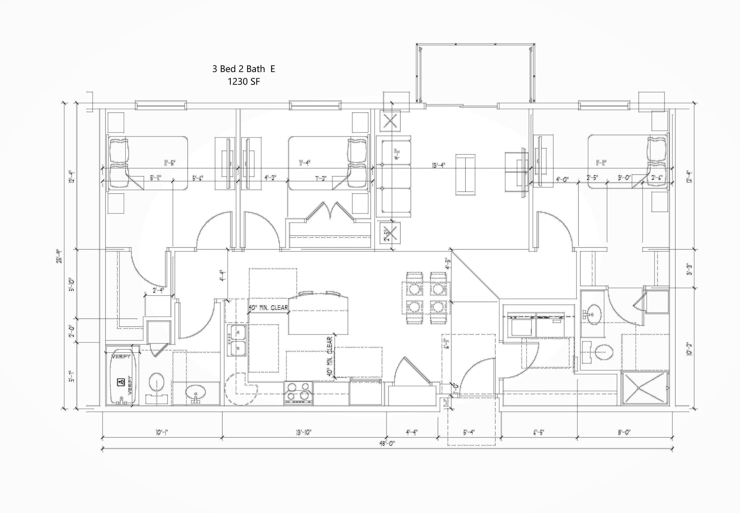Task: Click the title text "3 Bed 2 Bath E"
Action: pyautogui.click(x=244, y=69)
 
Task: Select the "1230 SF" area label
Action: pyautogui.click(x=244, y=82)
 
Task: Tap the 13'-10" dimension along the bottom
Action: pyautogui.click(x=304, y=432)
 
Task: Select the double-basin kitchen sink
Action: pyautogui.click(x=237, y=340)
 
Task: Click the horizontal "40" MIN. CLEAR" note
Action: pyautogui.click(x=268, y=308)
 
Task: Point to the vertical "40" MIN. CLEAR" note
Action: pyautogui.click(x=330, y=357)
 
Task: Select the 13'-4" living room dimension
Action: pyautogui.click(x=438, y=165)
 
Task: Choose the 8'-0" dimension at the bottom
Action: pyautogui.click(x=624, y=432)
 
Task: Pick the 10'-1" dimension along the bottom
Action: pyautogui.click(x=161, y=432)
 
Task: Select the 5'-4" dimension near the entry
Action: pyautogui.click(x=469, y=432)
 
